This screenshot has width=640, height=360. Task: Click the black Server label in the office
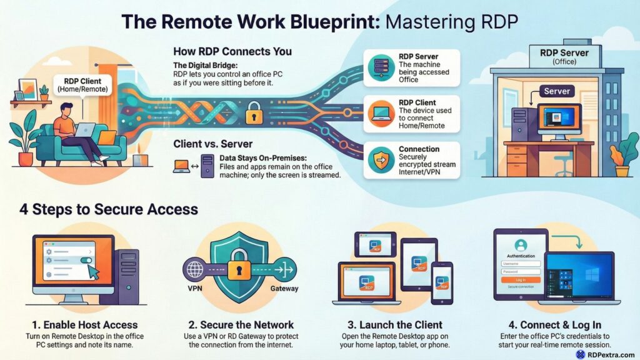click(557, 91)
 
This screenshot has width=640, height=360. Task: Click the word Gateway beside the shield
click(284, 289)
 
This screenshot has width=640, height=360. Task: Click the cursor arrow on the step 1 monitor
click(92, 271)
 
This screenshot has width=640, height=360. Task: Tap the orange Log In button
click(521, 279)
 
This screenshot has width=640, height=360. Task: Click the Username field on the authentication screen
click(521, 264)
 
